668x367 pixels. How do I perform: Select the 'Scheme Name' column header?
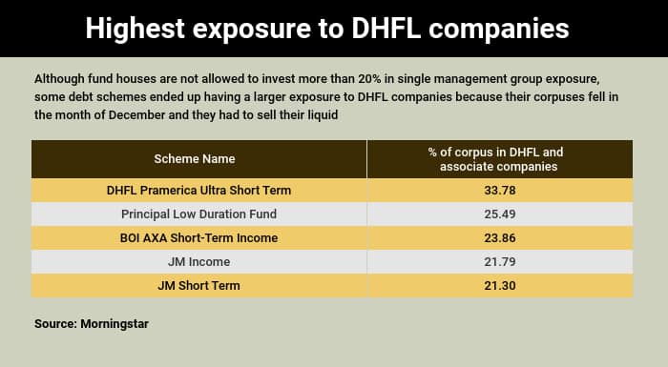[195, 158]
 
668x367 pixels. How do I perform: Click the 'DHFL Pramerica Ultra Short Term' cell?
[198, 190]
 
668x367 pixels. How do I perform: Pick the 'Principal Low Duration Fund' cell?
[198, 214]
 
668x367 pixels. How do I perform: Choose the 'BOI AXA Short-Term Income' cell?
[198, 237]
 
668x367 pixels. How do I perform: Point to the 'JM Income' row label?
[198, 261]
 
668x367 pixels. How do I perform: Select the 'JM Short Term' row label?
[198, 285]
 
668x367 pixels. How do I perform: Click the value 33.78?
[500, 190]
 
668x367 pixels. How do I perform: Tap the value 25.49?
[500, 214]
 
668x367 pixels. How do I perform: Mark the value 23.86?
[500, 237]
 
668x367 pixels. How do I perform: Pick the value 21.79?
[500, 261]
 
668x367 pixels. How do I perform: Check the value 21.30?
[500, 285]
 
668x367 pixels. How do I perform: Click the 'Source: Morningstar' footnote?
[91, 324]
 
